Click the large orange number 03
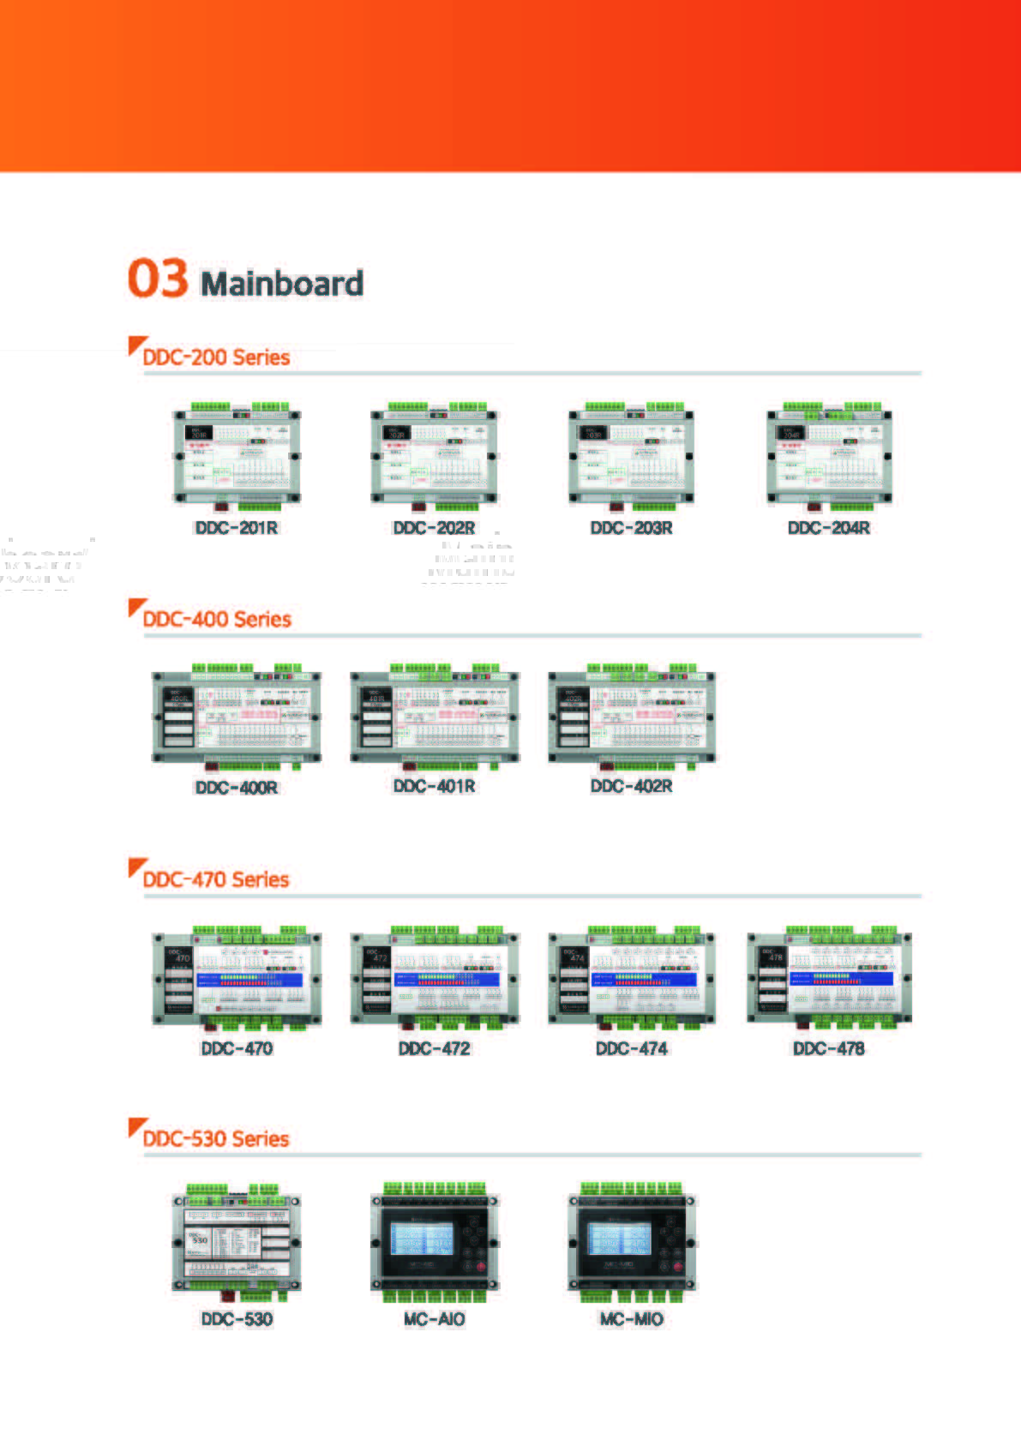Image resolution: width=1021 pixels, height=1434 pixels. coord(158,279)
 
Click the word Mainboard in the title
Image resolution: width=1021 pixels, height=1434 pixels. coord(282,284)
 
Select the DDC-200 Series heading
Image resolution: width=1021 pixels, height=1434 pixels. coord(216,357)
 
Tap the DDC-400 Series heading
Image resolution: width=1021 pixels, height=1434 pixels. coord(217,619)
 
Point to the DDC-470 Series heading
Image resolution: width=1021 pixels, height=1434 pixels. coord(216,879)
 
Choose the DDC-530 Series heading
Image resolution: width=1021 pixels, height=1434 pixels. coord(216,1139)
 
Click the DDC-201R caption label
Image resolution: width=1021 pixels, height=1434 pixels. coord(237,528)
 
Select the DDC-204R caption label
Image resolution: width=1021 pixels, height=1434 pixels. coord(829,528)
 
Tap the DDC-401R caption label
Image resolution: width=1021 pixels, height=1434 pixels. coord(434,787)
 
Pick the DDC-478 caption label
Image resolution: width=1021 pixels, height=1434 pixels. coord(829,1048)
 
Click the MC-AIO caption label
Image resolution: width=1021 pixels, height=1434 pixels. coord(434,1319)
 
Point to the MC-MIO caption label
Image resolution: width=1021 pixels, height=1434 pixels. coord(632,1319)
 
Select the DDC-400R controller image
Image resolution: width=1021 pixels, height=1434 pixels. coord(237,717)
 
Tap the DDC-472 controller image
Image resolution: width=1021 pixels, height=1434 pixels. coord(435,978)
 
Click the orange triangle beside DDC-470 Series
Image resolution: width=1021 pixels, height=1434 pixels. coord(135,867)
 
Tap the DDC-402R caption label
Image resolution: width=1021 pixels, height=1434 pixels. coord(632,787)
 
